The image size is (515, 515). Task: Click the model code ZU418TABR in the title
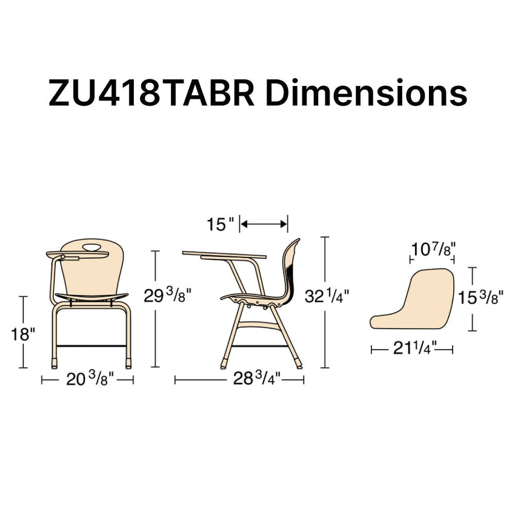point(151,93)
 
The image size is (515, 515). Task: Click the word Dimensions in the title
point(366,92)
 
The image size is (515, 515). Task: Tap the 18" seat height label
point(22,334)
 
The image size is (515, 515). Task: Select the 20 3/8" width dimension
point(90,379)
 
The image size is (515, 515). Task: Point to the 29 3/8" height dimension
point(167,296)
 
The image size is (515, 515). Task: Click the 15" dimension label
point(221,224)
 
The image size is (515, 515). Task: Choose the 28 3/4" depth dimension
point(257,379)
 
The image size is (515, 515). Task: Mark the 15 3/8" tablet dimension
point(480,297)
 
